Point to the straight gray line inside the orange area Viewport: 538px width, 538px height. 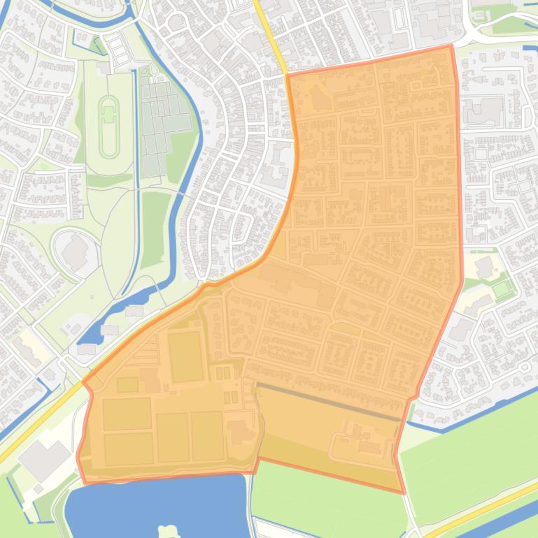point(329,402)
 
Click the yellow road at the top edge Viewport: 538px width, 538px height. point(269,35)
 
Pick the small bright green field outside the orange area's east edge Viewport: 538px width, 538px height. point(500,288)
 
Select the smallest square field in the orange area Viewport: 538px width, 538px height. point(127,385)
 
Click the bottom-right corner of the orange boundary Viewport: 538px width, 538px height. point(404,493)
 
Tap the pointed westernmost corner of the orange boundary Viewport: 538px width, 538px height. point(84,382)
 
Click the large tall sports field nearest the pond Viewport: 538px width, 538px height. point(186,356)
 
